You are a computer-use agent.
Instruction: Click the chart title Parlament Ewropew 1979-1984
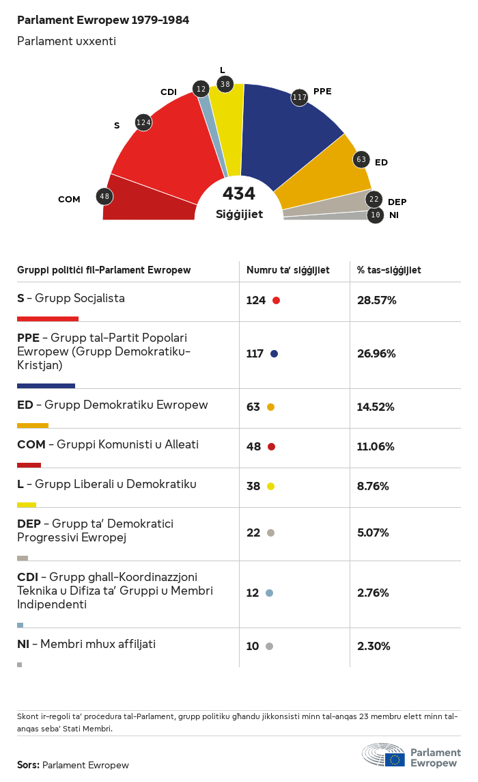(103, 21)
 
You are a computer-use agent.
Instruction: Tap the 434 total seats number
(239, 193)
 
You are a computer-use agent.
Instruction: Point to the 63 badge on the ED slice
(361, 160)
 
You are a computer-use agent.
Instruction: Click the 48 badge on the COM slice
(104, 197)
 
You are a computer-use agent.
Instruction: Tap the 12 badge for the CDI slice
(201, 88)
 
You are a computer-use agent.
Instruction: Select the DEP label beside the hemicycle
(397, 202)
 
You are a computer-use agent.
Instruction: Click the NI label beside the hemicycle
(394, 215)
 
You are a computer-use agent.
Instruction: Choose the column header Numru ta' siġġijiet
(288, 270)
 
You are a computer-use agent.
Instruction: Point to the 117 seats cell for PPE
(256, 354)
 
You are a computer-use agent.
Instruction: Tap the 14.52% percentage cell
(376, 407)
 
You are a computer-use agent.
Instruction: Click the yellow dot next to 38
(270, 487)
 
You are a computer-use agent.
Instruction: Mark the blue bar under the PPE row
(46, 386)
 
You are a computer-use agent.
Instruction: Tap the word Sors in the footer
(27, 765)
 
